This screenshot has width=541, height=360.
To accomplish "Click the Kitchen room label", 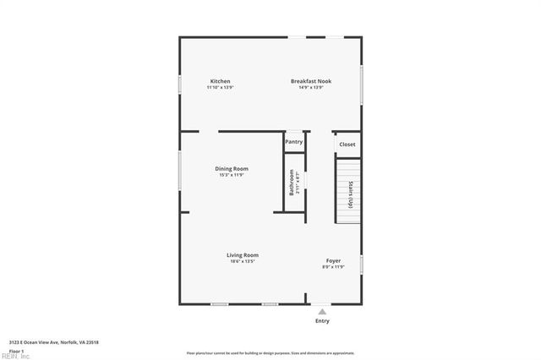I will pos(220,81).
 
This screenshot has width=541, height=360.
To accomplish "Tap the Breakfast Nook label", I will pos(311,81).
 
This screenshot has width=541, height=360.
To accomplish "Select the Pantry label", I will pos(293,142).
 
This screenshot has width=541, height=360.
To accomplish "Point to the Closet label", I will pos(347,145).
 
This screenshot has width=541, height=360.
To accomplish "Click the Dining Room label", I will pos(232,168).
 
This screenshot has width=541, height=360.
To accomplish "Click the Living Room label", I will pos(243,254).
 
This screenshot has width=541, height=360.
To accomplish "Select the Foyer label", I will pos(335,261).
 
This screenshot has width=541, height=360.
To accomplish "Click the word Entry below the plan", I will pos(322,321).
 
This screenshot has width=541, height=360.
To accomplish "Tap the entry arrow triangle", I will pos(322,311).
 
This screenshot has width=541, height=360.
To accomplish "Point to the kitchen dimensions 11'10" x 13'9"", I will pos(220,88).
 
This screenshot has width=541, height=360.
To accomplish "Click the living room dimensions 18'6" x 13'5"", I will pos(243,261).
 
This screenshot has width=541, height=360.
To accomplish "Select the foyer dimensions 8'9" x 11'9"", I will pos(335,268).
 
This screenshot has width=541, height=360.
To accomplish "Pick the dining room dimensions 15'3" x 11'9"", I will pos(232,175).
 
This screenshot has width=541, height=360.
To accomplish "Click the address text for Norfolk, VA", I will pos(54,342).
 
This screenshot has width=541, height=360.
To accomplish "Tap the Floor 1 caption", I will pos(17,350).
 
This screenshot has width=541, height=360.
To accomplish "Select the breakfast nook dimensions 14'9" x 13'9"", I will pos(311,88).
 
